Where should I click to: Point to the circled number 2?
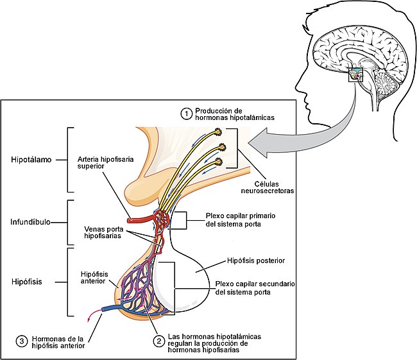157,340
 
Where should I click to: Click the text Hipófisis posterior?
256,261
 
